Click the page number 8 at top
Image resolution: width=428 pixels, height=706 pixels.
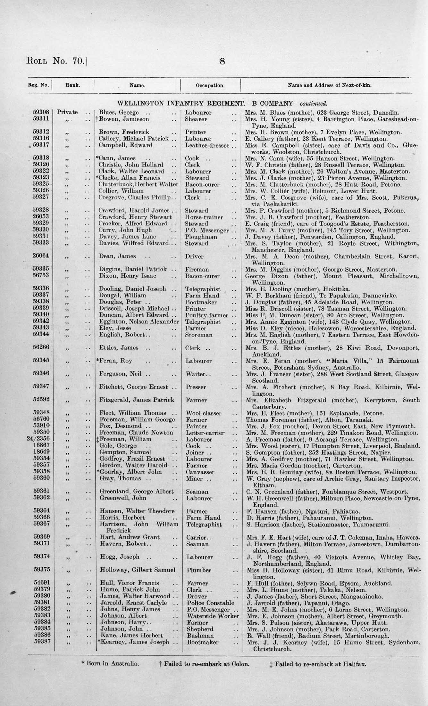(222, 61)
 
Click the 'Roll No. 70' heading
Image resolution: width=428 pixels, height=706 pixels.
(56, 61)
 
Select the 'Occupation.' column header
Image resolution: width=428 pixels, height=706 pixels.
(210, 85)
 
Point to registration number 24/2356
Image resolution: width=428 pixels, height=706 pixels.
(38, 439)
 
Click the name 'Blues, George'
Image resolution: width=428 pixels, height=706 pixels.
(119, 112)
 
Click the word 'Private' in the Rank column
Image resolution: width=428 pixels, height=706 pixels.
(67, 112)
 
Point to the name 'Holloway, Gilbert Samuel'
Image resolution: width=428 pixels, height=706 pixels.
(138, 570)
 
